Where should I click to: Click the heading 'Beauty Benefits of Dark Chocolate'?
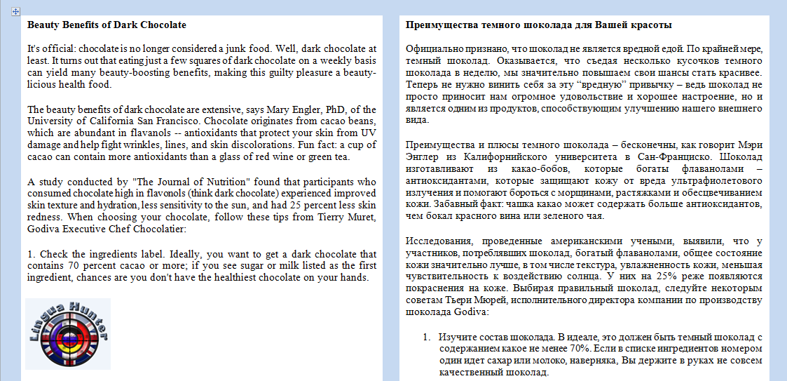[x=107, y=25]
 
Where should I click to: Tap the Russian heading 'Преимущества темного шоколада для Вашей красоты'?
[x=539, y=25]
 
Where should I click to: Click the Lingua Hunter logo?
[x=68, y=334]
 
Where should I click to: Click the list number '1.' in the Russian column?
[x=426, y=337]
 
